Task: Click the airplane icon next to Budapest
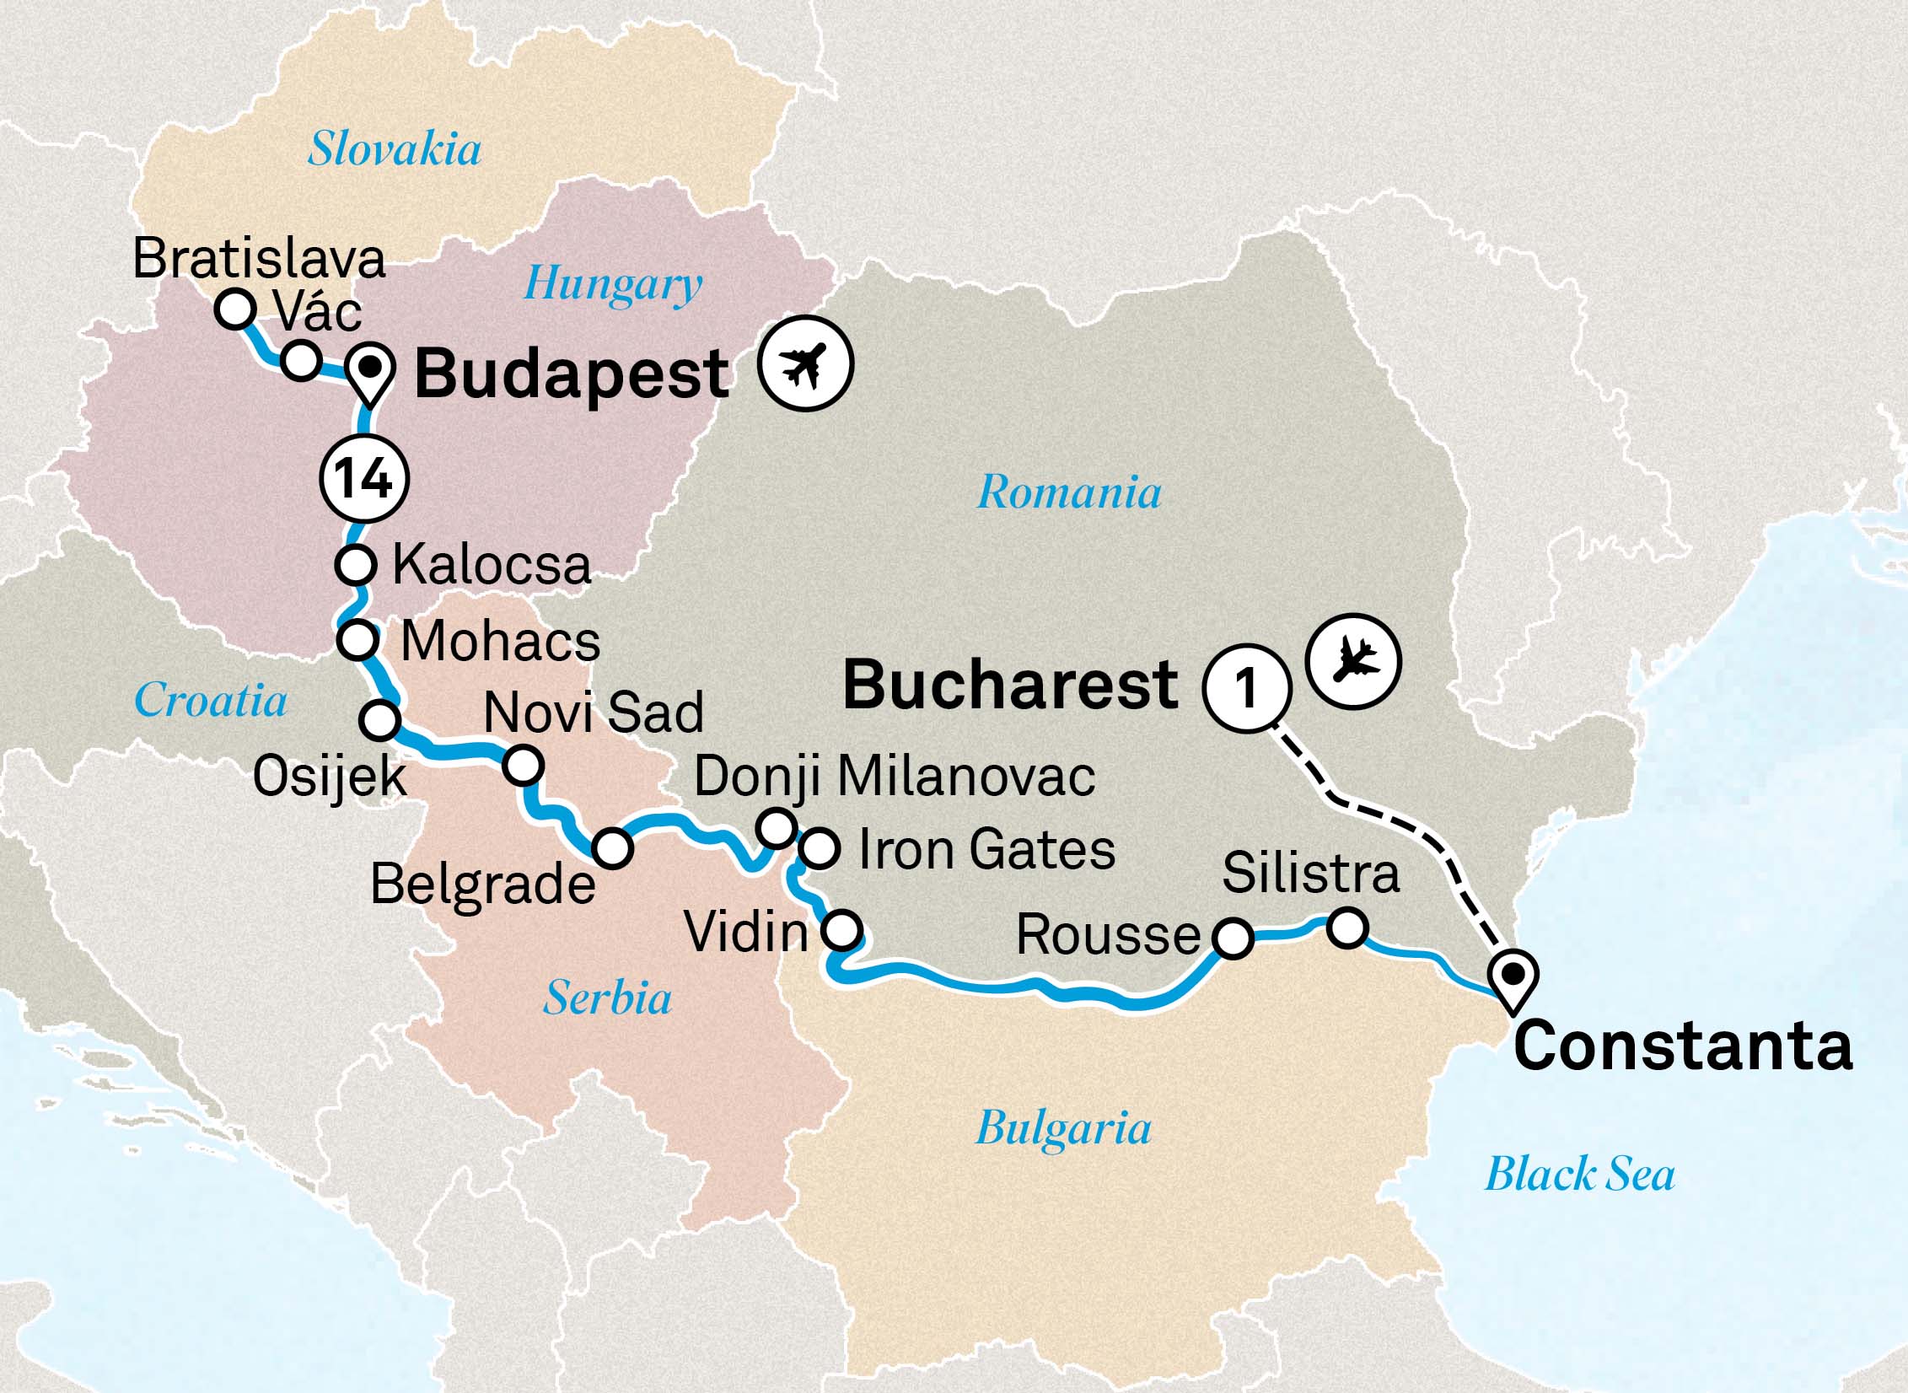(804, 363)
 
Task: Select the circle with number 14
(365, 479)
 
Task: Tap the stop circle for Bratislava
(235, 309)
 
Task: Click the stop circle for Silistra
(1346, 928)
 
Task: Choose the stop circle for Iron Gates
(819, 848)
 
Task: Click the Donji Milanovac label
(894, 776)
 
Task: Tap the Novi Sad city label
(594, 713)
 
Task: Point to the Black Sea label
(1579, 1174)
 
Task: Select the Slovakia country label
(394, 150)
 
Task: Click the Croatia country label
(211, 700)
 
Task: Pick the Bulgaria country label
(1063, 1127)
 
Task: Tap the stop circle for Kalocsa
(356, 564)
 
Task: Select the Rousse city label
(1108, 935)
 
